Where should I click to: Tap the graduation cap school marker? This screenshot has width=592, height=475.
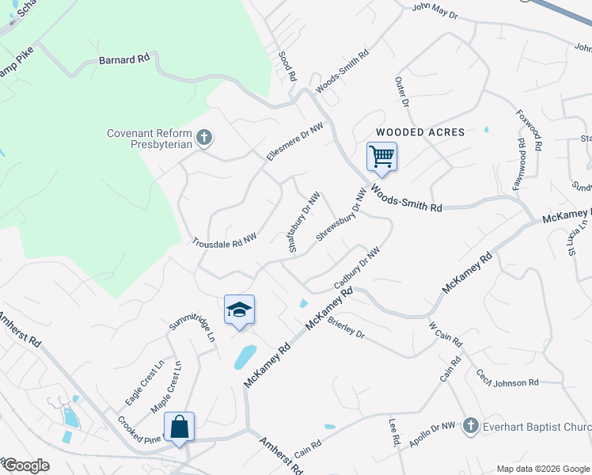click(x=239, y=310)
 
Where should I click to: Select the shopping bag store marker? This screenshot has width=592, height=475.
click(x=180, y=427)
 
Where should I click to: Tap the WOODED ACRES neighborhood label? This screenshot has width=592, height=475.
click(x=419, y=131)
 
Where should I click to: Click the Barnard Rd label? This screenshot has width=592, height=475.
click(x=124, y=59)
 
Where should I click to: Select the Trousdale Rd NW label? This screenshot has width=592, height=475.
click(x=226, y=240)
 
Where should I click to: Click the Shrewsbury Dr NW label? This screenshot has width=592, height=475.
click(x=342, y=215)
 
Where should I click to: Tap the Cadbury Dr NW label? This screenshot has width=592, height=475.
click(x=357, y=268)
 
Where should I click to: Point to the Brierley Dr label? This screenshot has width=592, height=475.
click(x=346, y=328)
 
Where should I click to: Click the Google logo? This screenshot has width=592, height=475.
click(x=26, y=465)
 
